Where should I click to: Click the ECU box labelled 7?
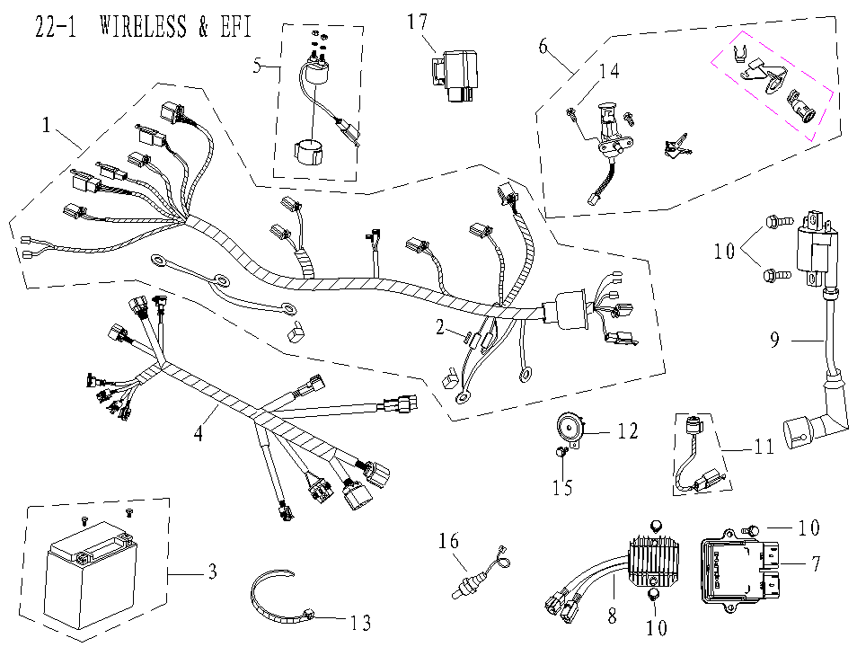coord(740,570)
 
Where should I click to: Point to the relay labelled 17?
coord(455,75)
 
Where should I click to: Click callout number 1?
coord(47,125)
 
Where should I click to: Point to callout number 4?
coord(198,433)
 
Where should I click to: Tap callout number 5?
coord(258,66)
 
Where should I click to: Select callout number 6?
coord(543,47)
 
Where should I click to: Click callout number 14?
coord(609,72)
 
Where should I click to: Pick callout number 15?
coord(561,486)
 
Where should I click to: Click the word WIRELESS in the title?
coord(143,26)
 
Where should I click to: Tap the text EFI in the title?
coord(236,26)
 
